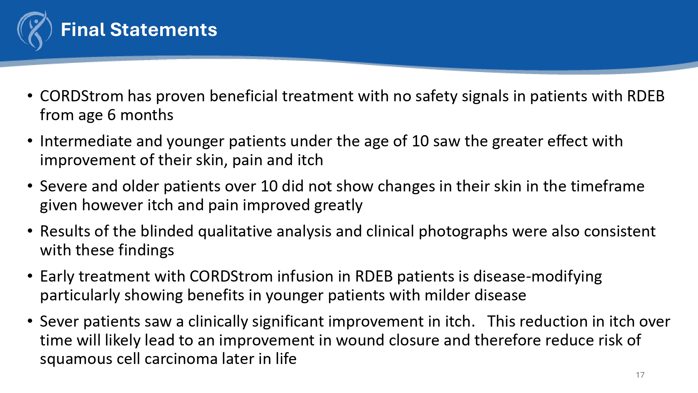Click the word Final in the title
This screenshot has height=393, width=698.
click(83, 30)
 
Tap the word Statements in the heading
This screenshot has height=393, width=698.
click(164, 30)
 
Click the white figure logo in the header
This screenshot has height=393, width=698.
click(35, 31)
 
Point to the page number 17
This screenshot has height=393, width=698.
click(640, 375)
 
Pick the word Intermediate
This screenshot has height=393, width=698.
click(86, 141)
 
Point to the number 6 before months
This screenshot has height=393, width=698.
click(111, 115)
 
